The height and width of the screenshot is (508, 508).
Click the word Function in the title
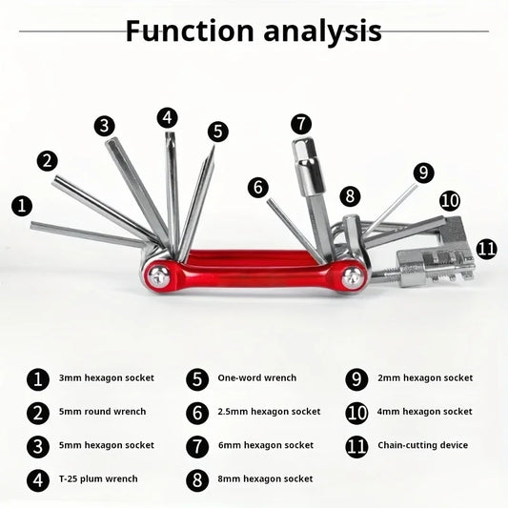pyautogui.click(x=190, y=30)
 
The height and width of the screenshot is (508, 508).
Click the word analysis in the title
pyautogui.click(x=322, y=32)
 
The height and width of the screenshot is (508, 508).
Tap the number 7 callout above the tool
pyautogui.click(x=301, y=124)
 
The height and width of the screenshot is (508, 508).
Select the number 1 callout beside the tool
pyautogui.click(x=22, y=206)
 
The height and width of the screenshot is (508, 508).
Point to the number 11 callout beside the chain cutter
pyautogui.click(x=487, y=249)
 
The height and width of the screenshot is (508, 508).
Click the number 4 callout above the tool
pyautogui.click(x=167, y=117)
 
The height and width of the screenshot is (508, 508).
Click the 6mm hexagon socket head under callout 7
pyautogui.click(x=308, y=167)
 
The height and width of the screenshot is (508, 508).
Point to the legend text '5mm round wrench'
pyautogui.click(x=102, y=412)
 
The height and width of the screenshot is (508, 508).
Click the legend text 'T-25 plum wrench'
pyautogui.click(x=98, y=478)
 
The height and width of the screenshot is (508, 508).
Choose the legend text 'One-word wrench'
pyautogui.click(x=257, y=377)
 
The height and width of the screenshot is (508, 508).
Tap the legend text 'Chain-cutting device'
pyautogui.click(x=423, y=445)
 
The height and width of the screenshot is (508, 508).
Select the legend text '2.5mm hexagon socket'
pyautogui.click(x=269, y=412)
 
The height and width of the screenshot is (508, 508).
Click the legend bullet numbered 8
pyautogui.click(x=197, y=480)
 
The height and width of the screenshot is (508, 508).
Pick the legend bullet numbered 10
pyautogui.click(x=356, y=413)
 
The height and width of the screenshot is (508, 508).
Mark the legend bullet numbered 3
pyautogui.click(x=38, y=447)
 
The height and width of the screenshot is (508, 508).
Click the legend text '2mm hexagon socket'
pyautogui.click(x=425, y=378)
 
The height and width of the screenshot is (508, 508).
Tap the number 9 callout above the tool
pyautogui.click(x=423, y=173)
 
